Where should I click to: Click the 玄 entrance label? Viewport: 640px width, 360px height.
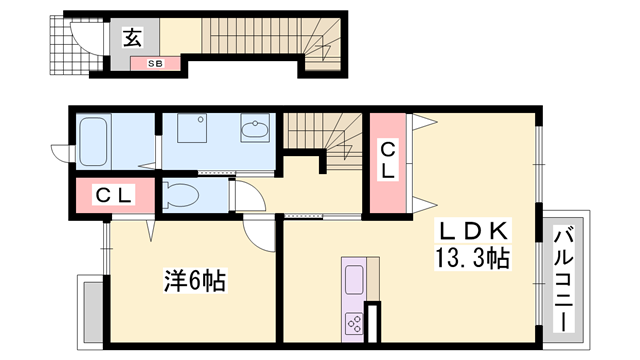pos(131,39)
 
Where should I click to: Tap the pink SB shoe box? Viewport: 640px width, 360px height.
pos(155,63)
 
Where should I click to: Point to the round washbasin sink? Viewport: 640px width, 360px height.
pos(254,130)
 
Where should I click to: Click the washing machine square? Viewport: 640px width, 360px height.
pos(191,129)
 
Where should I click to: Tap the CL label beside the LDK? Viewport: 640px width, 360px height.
pos(388,160)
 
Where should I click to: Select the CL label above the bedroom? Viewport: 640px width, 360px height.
pos(113,195)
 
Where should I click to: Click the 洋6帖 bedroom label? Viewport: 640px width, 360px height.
pos(193,281)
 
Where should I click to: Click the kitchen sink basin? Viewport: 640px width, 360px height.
pos(355,274)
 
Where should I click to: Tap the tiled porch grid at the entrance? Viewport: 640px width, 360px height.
pos(63,47)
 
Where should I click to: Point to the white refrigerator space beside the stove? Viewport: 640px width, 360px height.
pos(375,325)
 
